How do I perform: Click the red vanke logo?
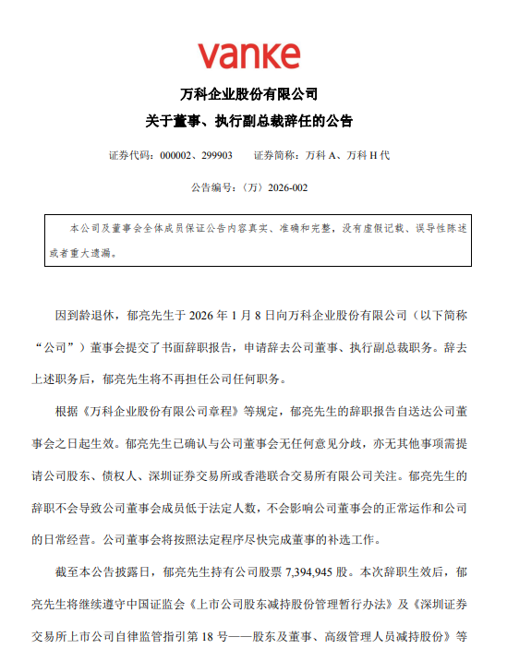(x=248, y=54)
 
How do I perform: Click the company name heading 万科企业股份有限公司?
(x=248, y=95)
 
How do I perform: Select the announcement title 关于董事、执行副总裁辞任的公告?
(x=248, y=121)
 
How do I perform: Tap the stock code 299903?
(x=215, y=155)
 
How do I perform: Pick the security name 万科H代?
(x=367, y=155)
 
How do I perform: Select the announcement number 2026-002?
(x=287, y=186)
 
